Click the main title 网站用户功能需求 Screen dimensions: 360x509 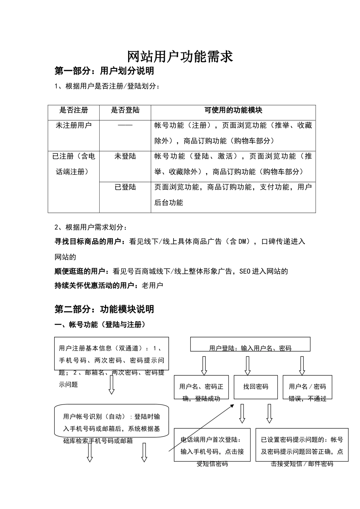[x=180, y=57]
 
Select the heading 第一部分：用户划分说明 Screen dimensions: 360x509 [x=104, y=71]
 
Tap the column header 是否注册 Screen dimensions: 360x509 [x=74, y=110]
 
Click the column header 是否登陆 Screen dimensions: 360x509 [x=125, y=110]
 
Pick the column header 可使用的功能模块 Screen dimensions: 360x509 [x=233, y=110]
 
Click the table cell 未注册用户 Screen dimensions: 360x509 [x=74, y=125]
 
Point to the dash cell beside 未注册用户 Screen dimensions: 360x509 [x=125, y=125]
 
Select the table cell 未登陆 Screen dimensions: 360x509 [x=125, y=156]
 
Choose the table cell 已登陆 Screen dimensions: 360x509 [x=125, y=187]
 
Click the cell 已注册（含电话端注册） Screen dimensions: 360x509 [x=74, y=164]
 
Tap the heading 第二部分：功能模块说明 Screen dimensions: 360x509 [x=104, y=309]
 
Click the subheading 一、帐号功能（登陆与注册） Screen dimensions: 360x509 [x=100, y=325]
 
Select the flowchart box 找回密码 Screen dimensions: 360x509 [x=256, y=387]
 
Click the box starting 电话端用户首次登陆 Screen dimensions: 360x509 [x=212, y=445]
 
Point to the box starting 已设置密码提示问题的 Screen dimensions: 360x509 [x=302, y=445]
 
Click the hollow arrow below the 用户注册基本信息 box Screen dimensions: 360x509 [x=111, y=385]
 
